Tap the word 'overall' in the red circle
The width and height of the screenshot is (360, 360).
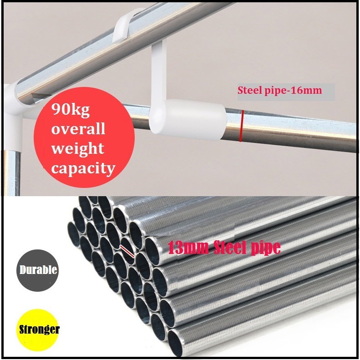[78, 129]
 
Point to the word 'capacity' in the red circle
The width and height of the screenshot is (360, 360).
[83, 169]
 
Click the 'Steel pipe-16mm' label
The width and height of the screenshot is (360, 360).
[280, 90]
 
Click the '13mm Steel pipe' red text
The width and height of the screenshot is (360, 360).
[224, 248]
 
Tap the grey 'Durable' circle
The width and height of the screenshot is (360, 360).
[38, 270]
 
